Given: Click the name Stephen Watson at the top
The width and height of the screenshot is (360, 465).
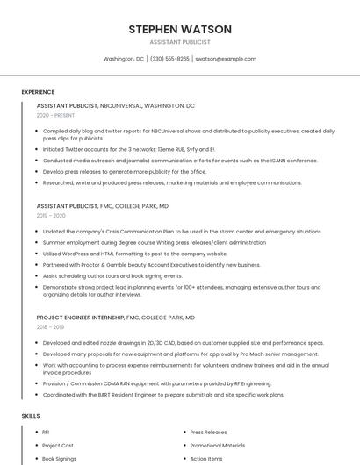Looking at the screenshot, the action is tap(180, 29).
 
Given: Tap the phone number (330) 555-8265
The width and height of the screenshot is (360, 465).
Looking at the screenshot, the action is tap(169, 59).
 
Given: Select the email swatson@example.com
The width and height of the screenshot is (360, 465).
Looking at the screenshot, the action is tap(226, 59).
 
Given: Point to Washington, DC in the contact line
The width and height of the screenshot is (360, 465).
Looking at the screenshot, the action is tap(124, 59).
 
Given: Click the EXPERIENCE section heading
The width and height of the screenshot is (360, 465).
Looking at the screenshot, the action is tap(38, 91).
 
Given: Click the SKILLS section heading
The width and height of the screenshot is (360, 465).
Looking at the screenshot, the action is tap(31, 415).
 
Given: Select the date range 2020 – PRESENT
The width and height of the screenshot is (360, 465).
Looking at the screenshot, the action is tap(56, 115).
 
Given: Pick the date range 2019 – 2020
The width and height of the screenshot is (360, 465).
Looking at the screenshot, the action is tap(51, 215).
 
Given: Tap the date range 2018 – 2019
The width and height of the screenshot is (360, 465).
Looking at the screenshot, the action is tap(51, 326).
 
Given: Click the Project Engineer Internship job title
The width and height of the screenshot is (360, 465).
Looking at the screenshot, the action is tap(81, 317).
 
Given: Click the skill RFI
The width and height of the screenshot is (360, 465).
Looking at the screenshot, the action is tap(46, 433).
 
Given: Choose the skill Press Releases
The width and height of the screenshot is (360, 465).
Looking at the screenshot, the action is tap(208, 433).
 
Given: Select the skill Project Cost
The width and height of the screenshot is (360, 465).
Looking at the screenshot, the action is tap(58, 446).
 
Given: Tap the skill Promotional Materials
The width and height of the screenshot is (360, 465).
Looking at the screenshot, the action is tap(218, 446).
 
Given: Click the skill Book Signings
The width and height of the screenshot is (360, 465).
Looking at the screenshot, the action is tap(60, 459).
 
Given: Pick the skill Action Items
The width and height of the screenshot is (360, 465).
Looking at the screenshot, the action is tap(206, 459).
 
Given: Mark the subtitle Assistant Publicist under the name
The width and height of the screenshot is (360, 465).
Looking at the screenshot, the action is tap(180, 41).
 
